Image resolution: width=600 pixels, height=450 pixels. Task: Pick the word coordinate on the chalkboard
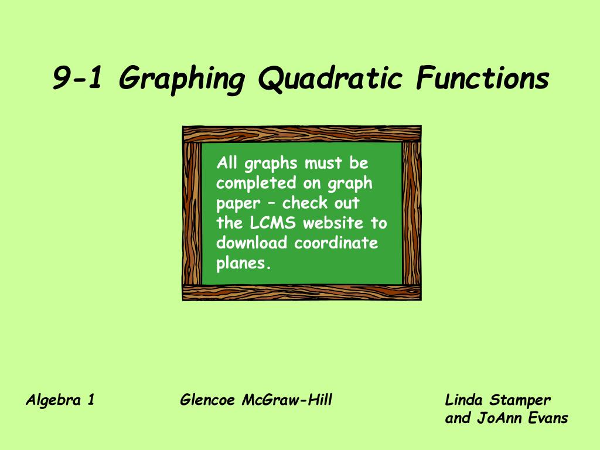[x=336, y=243]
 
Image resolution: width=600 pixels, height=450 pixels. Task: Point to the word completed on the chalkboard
[x=256, y=183]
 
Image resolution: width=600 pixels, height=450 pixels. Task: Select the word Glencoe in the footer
[x=207, y=401]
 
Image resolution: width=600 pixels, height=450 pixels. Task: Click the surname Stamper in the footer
[x=520, y=401]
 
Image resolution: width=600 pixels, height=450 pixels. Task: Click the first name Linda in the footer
[x=465, y=401]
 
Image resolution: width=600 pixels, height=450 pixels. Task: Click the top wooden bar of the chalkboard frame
[x=301, y=134]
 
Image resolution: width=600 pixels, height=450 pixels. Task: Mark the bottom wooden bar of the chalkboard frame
[x=301, y=292]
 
